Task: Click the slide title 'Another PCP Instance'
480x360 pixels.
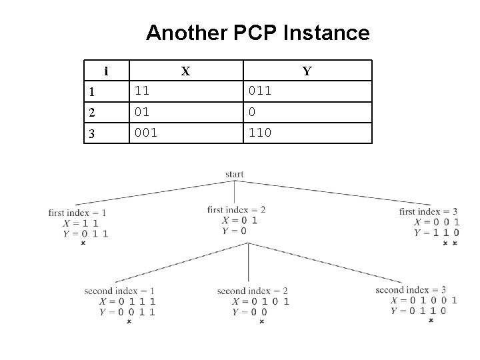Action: click(x=257, y=33)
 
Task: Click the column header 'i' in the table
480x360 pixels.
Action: click(x=106, y=71)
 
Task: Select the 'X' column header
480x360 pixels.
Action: click(x=186, y=71)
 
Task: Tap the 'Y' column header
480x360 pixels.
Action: click(x=307, y=71)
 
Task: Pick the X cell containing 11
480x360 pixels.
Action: click(x=142, y=91)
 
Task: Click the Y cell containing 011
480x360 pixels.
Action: click(x=259, y=91)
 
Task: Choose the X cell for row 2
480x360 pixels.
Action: click(x=142, y=111)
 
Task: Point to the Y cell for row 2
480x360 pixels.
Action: click(x=251, y=111)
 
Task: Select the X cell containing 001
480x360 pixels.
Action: click(x=146, y=133)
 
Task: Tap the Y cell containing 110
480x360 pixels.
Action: click(x=259, y=133)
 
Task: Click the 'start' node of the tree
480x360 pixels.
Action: click(x=235, y=175)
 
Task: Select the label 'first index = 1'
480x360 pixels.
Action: click(x=77, y=213)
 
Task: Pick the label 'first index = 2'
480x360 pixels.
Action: click(x=236, y=210)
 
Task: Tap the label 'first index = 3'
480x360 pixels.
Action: click(x=428, y=212)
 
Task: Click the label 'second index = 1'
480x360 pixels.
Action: click(x=119, y=291)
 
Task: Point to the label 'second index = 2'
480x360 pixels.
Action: click(x=252, y=291)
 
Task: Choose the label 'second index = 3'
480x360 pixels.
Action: click(x=411, y=290)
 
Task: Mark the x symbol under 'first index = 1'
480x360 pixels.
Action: click(x=83, y=243)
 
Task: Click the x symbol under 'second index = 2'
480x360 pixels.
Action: click(x=261, y=321)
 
